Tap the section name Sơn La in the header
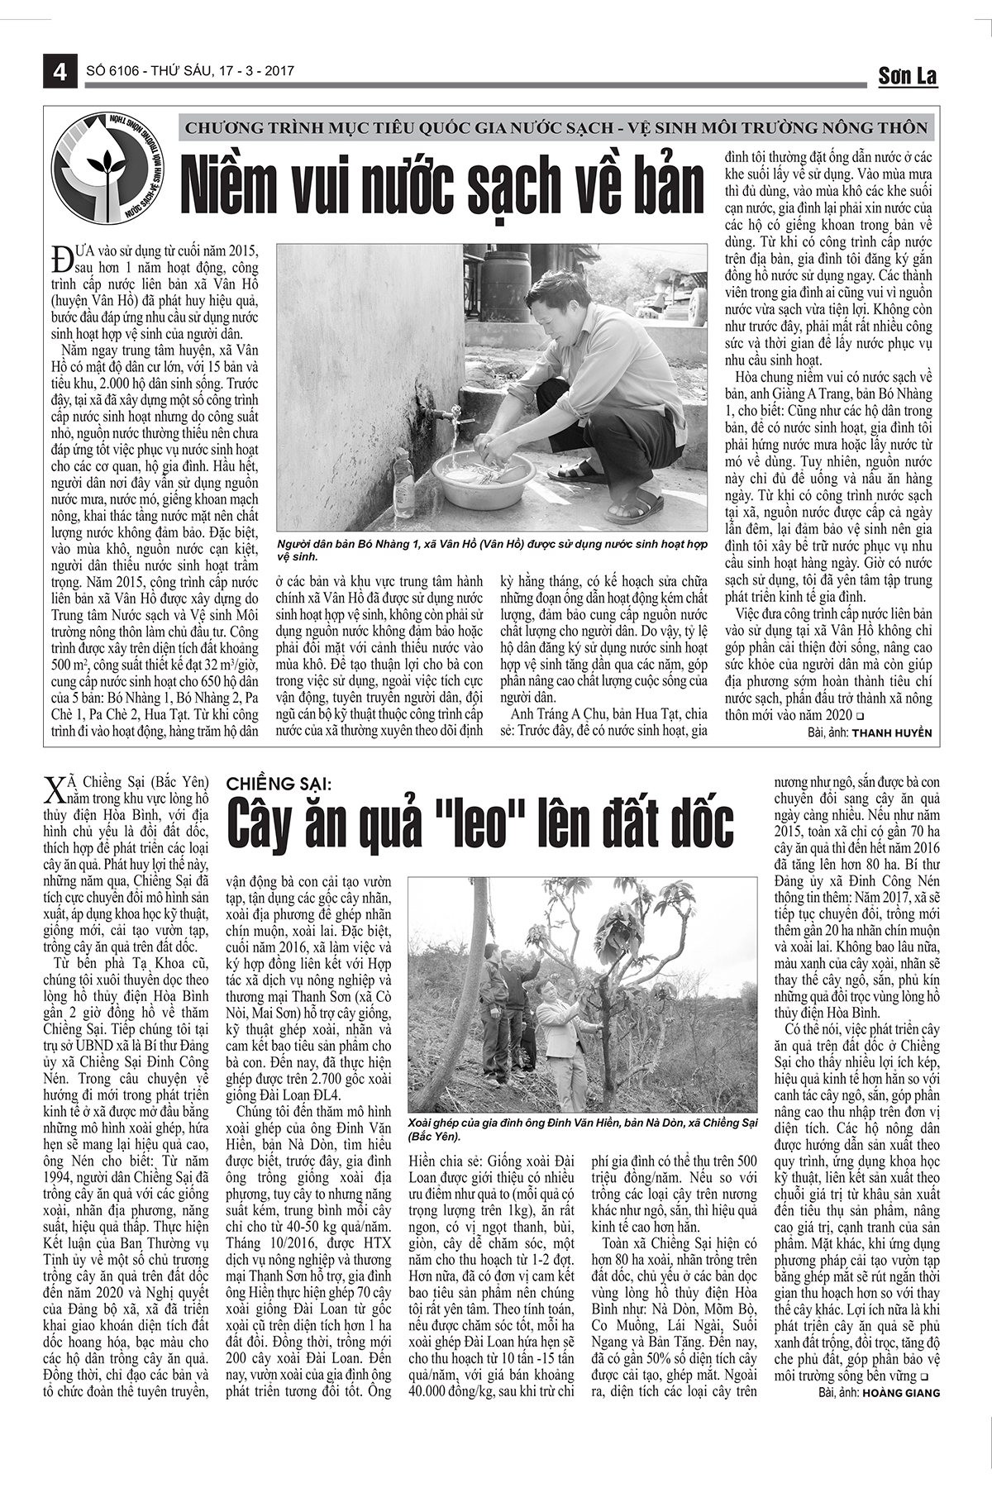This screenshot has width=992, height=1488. (x=907, y=76)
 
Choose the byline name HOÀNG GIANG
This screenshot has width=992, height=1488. (x=900, y=1393)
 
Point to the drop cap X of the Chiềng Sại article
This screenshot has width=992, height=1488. (x=53, y=791)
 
